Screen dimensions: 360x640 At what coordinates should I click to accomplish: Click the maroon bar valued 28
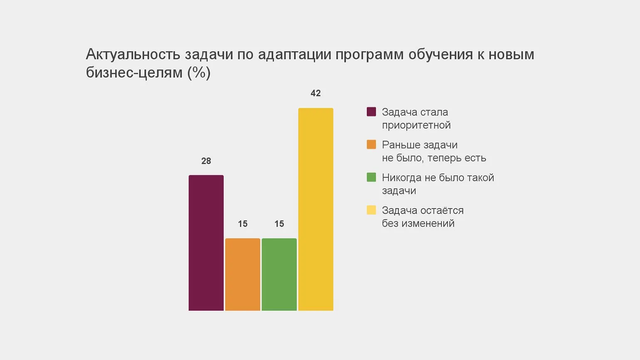pos(206,243)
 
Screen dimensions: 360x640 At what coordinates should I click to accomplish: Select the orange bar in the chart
pos(243,274)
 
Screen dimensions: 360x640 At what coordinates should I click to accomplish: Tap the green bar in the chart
pos(279,274)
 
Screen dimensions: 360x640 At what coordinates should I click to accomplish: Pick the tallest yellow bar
pos(316,209)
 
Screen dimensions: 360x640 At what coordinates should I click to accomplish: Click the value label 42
pos(316,93)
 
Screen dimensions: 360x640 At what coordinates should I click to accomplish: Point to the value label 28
pos(206,161)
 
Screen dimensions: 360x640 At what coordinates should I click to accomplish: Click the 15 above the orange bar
pos(243,224)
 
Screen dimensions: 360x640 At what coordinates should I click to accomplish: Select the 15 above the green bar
pos(279,224)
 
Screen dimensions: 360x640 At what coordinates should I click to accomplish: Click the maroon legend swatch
pos(372,112)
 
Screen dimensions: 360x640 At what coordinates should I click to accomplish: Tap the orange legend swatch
pos(372,145)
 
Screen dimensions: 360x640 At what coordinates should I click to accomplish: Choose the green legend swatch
pos(372,178)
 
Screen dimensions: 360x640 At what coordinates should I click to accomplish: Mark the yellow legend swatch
pos(372,210)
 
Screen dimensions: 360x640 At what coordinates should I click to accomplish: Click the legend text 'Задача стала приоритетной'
pos(416,118)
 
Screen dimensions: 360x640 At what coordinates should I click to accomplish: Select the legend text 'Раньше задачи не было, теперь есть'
pos(433,151)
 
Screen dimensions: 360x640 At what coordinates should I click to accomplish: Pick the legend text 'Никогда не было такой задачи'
pos(438,184)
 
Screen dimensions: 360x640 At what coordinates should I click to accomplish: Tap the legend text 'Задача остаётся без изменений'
pos(422,217)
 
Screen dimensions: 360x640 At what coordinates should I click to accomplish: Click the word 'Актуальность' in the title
pos(133,54)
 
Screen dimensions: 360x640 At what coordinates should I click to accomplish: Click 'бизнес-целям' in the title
pos(134,73)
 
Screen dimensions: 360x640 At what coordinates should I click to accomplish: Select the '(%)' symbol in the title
pos(199,73)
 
